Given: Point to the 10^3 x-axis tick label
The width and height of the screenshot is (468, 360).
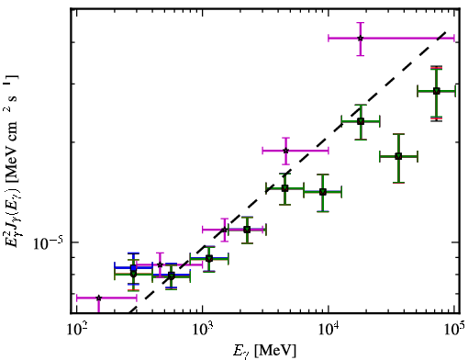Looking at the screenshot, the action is pyautogui.click(x=203, y=329).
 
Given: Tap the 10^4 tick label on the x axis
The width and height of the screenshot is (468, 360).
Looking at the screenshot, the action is pyautogui.click(x=329, y=329).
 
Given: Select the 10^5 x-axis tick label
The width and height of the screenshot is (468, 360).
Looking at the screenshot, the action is pyautogui.click(x=454, y=329).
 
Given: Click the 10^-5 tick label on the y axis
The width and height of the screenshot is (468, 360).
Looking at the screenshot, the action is pyautogui.click(x=48, y=243).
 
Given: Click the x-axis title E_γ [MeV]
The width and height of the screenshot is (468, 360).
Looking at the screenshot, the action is pyautogui.click(x=264, y=351).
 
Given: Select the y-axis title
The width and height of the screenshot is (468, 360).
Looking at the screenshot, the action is pyautogui.click(x=12, y=161).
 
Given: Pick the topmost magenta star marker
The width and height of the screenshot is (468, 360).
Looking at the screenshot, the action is pyautogui.click(x=361, y=39).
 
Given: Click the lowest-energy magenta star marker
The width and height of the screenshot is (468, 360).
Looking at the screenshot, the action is pyautogui.click(x=98, y=298).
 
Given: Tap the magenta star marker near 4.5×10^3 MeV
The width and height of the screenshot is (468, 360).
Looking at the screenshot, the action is pyautogui.click(x=285, y=151).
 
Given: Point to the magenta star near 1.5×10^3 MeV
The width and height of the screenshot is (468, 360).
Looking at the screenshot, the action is pyautogui.click(x=224, y=230).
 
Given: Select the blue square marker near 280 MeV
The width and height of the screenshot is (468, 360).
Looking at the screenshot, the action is pyautogui.click(x=133, y=268).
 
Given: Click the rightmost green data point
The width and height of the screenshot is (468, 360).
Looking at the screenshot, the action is pyautogui.click(x=437, y=91).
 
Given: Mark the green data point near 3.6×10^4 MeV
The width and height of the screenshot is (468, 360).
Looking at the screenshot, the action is pyautogui.click(x=398, y=156).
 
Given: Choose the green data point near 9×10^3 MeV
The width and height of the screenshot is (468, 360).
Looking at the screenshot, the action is pyautogui.click(x=323, y=192).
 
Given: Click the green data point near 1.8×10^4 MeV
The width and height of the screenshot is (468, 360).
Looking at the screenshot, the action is pyautogui.click(x=361, y=121).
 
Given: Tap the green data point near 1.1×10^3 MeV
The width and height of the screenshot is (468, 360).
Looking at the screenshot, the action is pyautogui.click(x=209, y=259).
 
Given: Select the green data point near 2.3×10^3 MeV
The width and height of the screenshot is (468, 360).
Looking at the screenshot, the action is pyautogui.click(x=247, y=230).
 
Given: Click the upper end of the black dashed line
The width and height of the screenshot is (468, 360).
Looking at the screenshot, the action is pyautogui.click(x=446, y=31).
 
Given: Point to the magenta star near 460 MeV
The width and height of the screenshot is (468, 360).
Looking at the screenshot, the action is pyautogui.click(x=160, y=264).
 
